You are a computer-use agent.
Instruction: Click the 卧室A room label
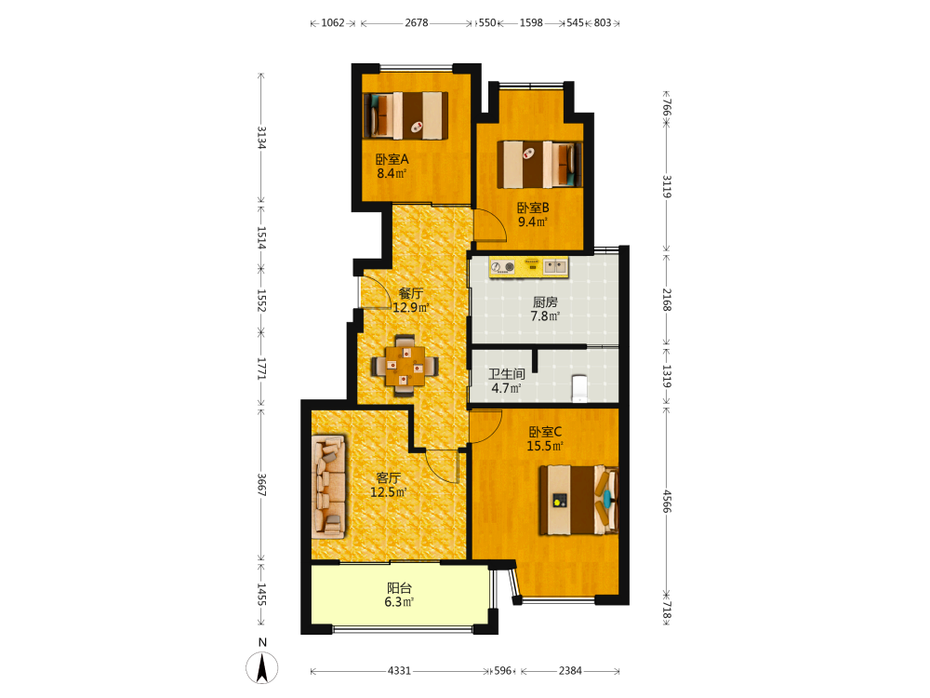(392, 160)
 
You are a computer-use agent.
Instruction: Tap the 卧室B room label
(533, 208)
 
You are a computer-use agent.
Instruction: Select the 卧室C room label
(545, 432)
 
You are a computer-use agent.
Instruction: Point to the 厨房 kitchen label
(545, 302)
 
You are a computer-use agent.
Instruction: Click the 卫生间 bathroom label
(507, 374)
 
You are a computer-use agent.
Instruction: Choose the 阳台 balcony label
(399, 588)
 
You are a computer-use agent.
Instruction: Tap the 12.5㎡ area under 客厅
(389, 492)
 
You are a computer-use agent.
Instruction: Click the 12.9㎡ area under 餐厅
(411, 307)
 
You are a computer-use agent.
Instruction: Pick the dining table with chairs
(405, 366)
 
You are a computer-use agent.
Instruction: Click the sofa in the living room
(328, 488)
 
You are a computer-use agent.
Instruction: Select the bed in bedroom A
(405, 115)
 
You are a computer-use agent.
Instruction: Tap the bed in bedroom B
(539, 165)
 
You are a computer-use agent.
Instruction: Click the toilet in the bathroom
(579, 388)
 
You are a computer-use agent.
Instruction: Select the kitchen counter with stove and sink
(528, 267)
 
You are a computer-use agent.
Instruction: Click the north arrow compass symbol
(262, 667)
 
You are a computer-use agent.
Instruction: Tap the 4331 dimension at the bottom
(399, 671)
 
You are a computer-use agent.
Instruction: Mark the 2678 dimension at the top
(417, 22)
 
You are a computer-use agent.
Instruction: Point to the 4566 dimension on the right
(667, 501)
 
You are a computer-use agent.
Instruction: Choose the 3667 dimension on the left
(261, 485)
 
